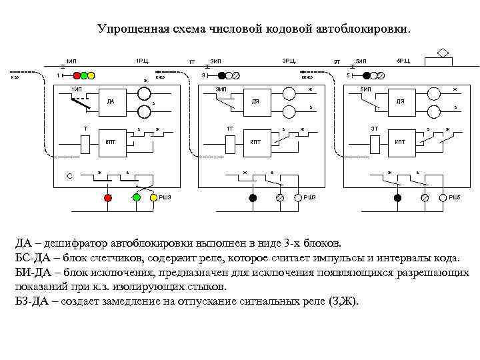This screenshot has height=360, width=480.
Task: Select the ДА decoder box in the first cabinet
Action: (x=111, y=102)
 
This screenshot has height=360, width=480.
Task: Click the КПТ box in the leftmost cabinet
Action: (x=111, y=141)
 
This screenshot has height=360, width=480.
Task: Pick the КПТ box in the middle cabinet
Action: (x=256, y=141)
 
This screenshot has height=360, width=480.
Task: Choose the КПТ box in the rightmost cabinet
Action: (x=400, y=141)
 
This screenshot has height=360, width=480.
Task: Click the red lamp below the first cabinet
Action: (x=107, y=198)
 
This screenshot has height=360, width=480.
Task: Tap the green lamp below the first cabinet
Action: (x=136, y=198)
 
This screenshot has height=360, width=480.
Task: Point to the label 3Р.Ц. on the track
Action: (x=289, y=61)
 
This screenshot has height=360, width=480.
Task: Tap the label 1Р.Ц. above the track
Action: (x=142, y=61)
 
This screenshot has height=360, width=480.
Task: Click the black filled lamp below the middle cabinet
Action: (x=253, y=198)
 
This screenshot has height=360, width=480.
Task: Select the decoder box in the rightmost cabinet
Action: (x=400, y=102)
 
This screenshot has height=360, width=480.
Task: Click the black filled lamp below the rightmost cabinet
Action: (x=397, y=198)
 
